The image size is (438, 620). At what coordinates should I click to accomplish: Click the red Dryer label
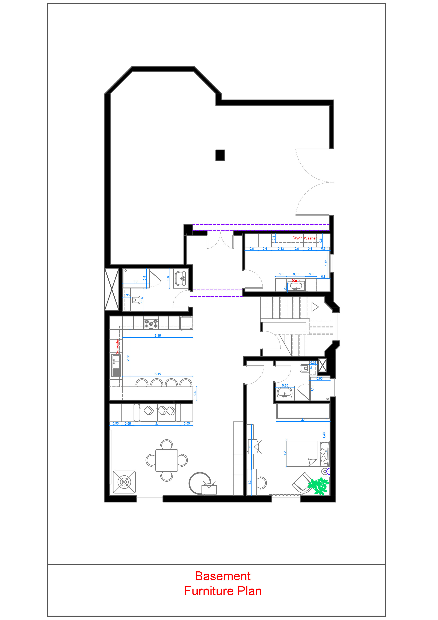tap(297, 238)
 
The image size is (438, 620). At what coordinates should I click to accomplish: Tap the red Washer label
tap(310, 238)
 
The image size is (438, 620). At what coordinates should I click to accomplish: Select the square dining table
tap(167, 460)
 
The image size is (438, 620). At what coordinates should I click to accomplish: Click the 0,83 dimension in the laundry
tap(281, 249)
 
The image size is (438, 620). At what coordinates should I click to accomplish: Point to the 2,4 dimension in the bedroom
tap(303, 420)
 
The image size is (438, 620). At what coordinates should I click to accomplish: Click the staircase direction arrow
tap(315, 307)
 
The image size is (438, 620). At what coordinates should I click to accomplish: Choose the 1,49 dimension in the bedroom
tap(324, 434)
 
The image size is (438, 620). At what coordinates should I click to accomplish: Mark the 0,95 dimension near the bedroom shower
tap(319, 379)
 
